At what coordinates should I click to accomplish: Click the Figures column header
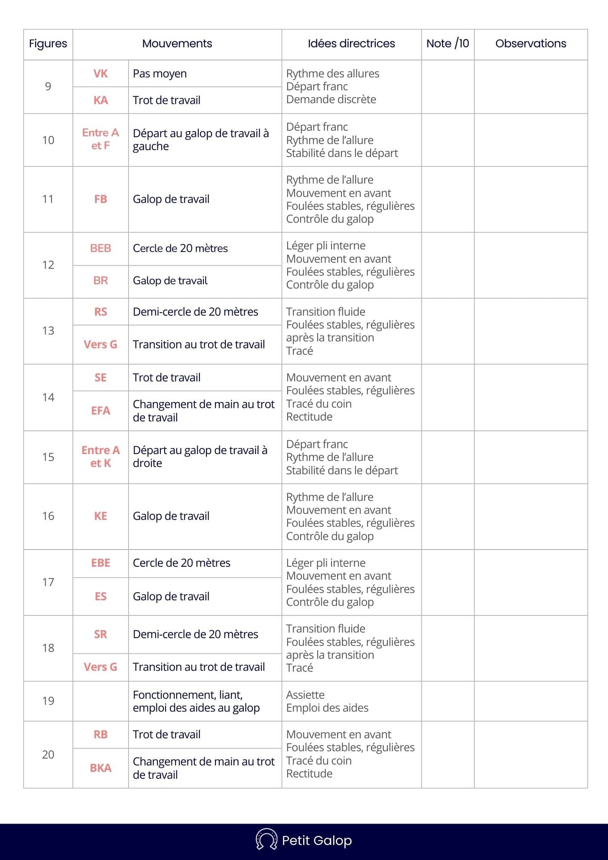48,43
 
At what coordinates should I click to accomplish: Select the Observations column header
531,43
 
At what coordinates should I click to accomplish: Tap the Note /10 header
448,43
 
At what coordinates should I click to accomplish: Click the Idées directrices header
351,43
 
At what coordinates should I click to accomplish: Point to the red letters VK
101,74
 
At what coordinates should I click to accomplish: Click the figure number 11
48,199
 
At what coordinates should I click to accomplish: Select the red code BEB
101,248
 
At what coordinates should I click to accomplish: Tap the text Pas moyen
160,74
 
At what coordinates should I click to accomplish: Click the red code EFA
101,411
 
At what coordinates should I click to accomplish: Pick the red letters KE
101,516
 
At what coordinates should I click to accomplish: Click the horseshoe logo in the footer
266,839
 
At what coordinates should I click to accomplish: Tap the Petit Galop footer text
317,840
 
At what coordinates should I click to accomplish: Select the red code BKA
101,768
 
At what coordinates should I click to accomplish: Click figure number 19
48,701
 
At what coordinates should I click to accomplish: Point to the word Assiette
305,695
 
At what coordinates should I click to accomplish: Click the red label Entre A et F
101,139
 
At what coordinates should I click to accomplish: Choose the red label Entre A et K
101,457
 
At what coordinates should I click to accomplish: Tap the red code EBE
101,563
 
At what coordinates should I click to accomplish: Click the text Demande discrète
331,99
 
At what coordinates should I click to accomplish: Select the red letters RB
101,734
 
